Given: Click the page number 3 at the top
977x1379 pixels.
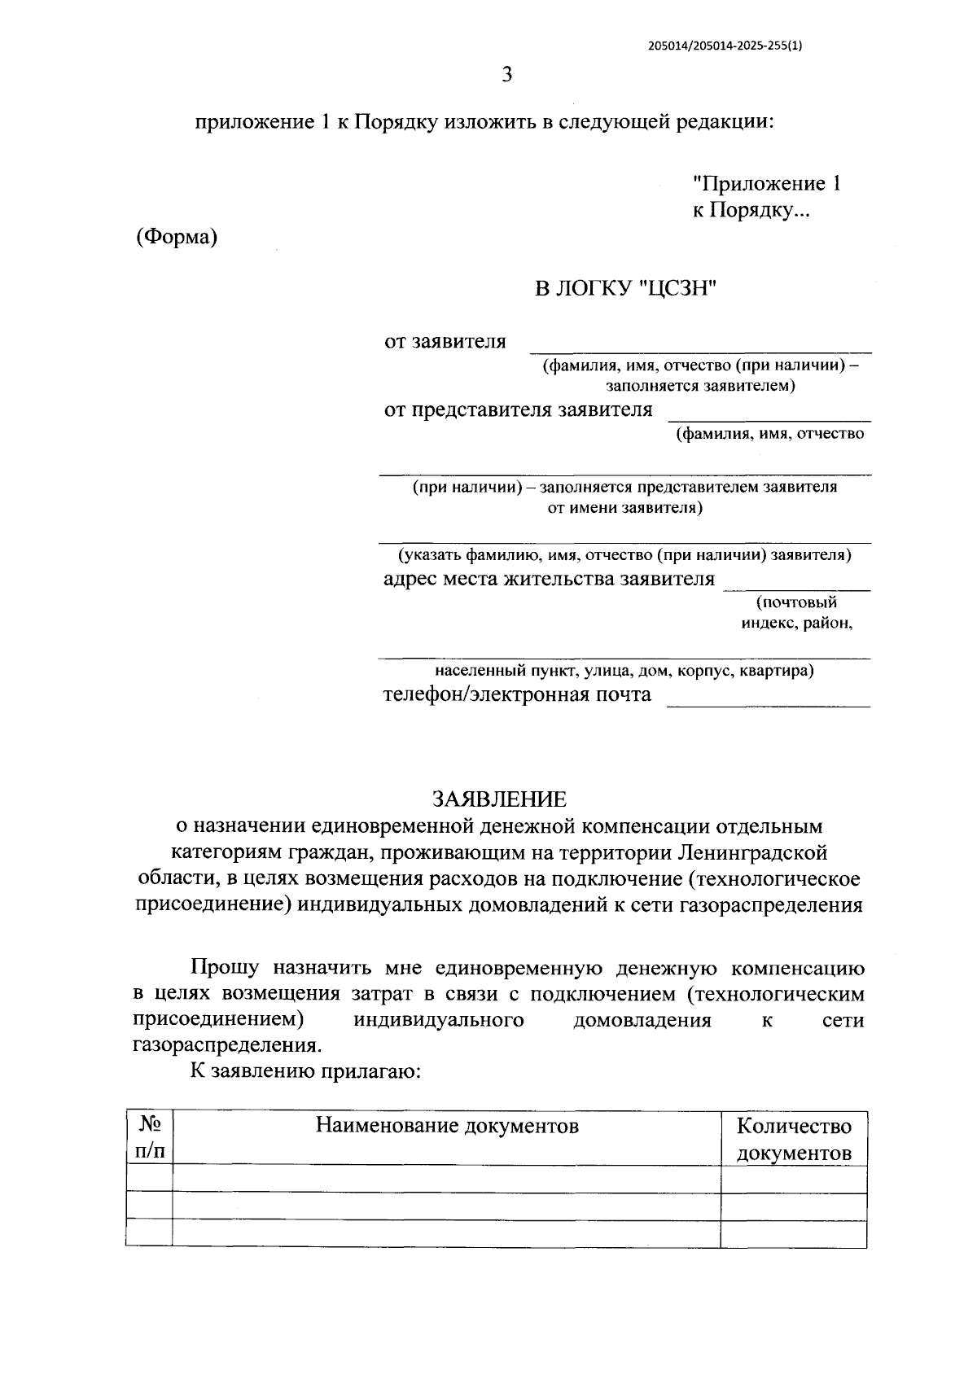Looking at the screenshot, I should (506, 76).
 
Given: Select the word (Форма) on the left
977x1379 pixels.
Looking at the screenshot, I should (177, 238).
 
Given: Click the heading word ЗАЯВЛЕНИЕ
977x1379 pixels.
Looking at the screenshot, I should (498, 799).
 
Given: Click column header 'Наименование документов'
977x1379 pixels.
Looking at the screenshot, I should (447, 1126).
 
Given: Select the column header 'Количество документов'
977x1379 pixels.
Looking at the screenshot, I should (794, 1140).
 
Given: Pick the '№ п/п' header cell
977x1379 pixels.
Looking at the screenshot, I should (150, 1139).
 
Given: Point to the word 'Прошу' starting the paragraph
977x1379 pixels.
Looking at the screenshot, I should (225, 968).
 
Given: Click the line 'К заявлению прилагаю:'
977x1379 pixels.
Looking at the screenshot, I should (304, 1071).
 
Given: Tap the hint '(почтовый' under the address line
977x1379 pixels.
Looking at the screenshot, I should (795, 602).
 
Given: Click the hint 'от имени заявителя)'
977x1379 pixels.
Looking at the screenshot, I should (624, 508).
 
